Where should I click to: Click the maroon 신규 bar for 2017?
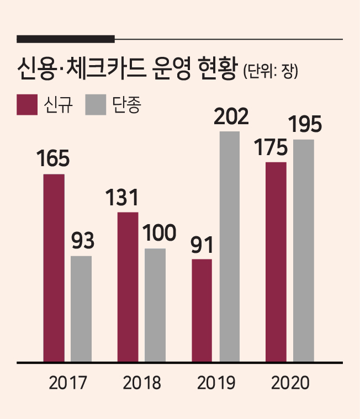(54, 268)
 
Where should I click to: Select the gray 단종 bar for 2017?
(81, 309)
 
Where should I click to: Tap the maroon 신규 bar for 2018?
(128, 287)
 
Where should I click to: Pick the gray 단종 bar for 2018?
(155, 305)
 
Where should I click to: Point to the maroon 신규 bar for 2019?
(202, 310)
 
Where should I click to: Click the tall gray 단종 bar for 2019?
(230, 247)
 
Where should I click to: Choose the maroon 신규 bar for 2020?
(276, 262)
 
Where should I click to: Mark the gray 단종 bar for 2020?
(304, 251)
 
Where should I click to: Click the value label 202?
(231, 117)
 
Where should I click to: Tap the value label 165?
(53, 158)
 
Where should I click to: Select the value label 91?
(202, 245)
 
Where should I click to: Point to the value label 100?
(159, 233)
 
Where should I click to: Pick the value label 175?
(271, 147)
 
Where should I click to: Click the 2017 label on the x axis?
(68, 383)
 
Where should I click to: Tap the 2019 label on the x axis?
(216, 383)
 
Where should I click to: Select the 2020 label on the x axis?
(290, 383)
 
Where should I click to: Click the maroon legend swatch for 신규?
(27, 105)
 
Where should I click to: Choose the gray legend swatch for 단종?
(96, 105)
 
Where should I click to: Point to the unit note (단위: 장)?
(271, 72)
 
